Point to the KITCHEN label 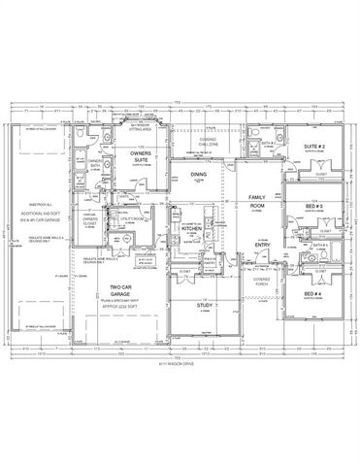pyautogui.click(x=190, y=229)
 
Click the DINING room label pyautogui.click(x=198, y=175)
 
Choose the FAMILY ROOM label pyautogui.click(x=257, y=201)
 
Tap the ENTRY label pyautogui.click(x=262, y=244)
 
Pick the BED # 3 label pyautogui.click(x=312, y=207)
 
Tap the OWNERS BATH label pyautogui.click(x=94, y=164)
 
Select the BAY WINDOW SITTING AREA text pyautogui.click(x=142, y=126)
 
